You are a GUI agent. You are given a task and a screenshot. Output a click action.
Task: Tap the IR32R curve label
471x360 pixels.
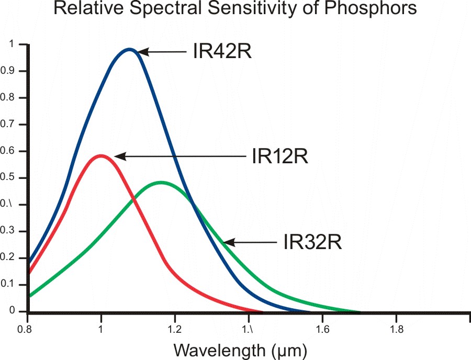tap(312, 243)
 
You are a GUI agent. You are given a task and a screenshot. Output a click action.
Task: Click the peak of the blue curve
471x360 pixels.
tap(129, 50)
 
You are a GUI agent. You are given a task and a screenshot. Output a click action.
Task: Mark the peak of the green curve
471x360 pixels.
tap(161, 183)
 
